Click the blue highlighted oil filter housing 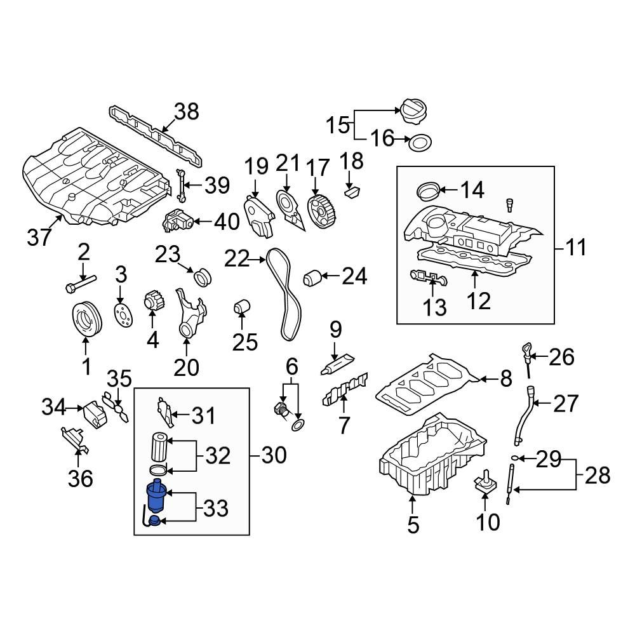coord(156,497)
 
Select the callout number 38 coord(187,112)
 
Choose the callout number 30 coord(274,455)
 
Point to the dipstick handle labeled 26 coord(527,351)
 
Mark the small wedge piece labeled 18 coord(352,189)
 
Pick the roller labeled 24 coord(312,277)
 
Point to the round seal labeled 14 coord(427,189)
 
